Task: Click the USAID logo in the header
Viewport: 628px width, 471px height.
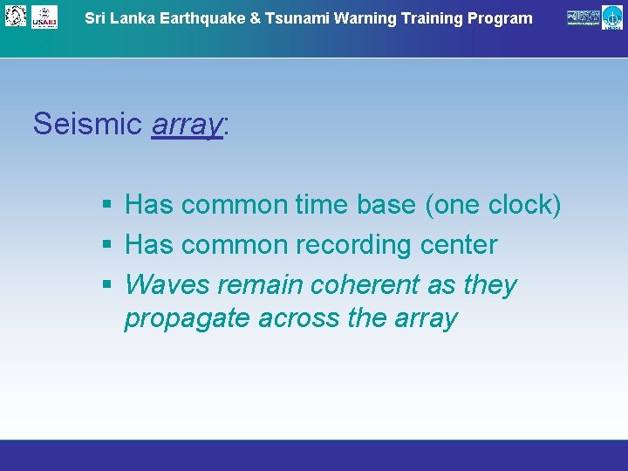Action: pyautogui.click(x=44, y=17)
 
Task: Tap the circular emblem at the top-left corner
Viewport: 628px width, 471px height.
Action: pyautogui.click(x=16, y=15)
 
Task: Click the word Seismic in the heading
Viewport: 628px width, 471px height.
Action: pyautogui.click(x=87, y=124)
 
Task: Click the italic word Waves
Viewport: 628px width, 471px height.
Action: pyautogui.click(x=167, y=285)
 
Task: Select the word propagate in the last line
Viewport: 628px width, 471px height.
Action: pyautogui.click(x=188, y=319)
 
